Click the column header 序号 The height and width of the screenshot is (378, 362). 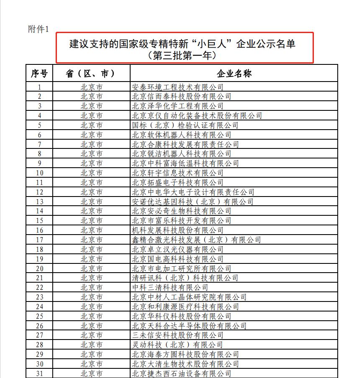pos(39,74)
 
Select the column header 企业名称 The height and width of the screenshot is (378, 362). pos(234,74)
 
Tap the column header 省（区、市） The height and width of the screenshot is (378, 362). pos(91,74)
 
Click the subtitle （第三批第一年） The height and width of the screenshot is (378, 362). pos(185,55)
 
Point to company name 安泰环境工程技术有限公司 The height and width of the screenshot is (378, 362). pos(177,87)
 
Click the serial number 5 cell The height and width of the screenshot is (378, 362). pos(39,125)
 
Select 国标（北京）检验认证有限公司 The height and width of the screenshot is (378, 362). pos(185,125)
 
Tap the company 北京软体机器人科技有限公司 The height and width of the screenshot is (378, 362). pos(181,135)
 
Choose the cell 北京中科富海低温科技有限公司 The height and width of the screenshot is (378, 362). pos(185,163)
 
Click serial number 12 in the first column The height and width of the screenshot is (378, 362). pos(39,192)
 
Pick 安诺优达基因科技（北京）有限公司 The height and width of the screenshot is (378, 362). pos(193,202)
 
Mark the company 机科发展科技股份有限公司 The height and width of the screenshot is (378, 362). pos(177,230)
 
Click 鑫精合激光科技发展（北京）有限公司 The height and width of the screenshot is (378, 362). pos(196,240)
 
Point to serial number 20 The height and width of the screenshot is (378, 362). pos(39,268)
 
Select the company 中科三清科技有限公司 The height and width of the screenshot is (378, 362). pos(170,287)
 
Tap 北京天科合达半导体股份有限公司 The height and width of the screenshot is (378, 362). pos(189,326)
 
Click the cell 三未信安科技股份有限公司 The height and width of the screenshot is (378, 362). pos(177,335)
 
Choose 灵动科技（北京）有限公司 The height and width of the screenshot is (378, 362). pos(177,345)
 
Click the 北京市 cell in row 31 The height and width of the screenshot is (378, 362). pos(91,373)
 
